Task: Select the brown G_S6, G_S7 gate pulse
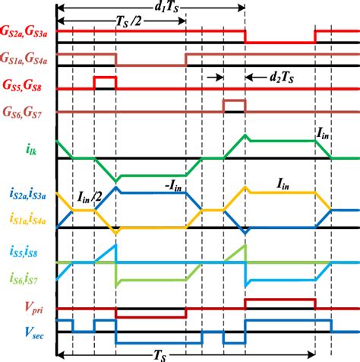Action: (233, 100)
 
